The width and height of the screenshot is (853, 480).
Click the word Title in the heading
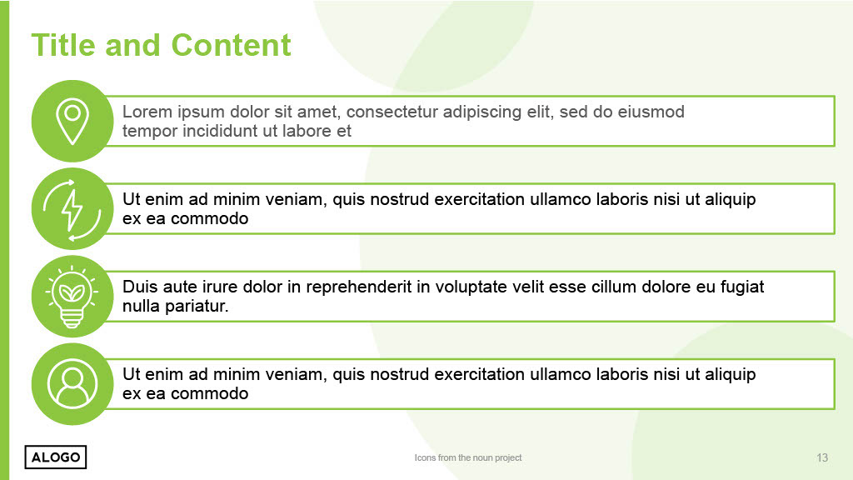point(63,45)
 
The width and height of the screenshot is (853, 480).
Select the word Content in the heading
point(232,45)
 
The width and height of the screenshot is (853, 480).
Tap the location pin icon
point(72,122)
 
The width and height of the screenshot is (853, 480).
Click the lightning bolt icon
point(72,209)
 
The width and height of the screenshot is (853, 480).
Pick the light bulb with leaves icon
point(72,297)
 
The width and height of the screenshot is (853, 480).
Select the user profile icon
point(72,383)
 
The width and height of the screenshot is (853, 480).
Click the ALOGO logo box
point(56,457)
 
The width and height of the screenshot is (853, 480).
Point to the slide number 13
point(822,457)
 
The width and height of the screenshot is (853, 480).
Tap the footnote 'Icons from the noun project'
point(468,457)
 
